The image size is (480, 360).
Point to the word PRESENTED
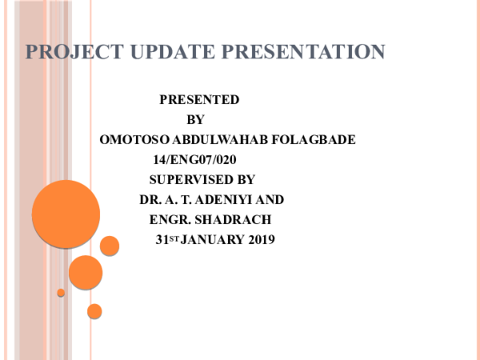coord(199,100)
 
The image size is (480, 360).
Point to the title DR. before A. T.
coord(150,199)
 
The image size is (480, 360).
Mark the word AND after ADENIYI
coord(270,199)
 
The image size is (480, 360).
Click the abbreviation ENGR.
coord(167,219)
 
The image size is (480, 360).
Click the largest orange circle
coord(66,214)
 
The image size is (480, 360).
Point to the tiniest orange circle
coord(61,293)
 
